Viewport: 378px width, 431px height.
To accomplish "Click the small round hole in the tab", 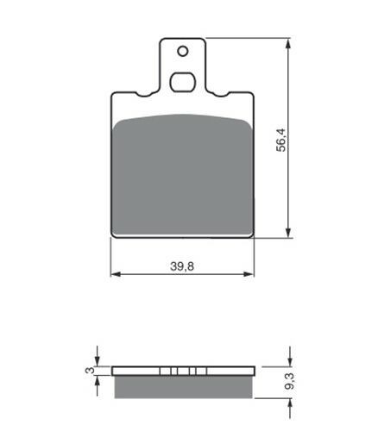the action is tap(183, 52).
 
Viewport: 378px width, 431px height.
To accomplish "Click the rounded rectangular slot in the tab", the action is tap(183, 83).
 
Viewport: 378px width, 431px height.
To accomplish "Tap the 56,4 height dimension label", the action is tap(281, 140).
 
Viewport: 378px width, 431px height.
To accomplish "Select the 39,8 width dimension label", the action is tap(182, 266).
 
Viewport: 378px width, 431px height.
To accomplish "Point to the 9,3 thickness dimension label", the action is tap(290, 381).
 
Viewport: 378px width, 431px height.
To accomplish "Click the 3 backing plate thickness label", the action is tap(90, 371).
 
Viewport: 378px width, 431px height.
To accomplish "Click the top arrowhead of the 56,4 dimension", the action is tap(289, 44).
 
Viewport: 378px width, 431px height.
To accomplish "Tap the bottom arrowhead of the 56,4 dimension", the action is tap(289, 232).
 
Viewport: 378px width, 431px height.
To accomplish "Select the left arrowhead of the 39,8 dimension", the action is tap(116, 274).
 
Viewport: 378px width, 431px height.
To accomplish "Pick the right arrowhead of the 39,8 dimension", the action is tap(249, 274).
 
